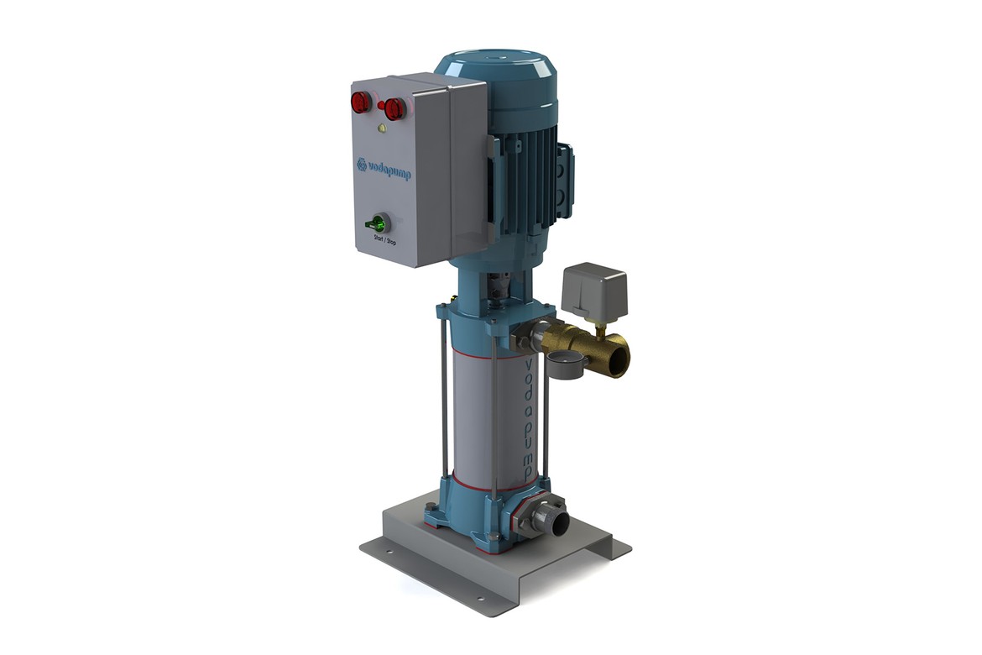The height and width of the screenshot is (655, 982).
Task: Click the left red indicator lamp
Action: pos(361,102)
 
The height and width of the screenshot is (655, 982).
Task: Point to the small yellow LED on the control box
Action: pos(381,129)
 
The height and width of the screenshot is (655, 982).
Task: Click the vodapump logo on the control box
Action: pos(384,169)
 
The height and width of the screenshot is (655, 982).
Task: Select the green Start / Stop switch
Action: pos(378,223)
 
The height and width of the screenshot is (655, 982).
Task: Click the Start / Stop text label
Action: pos(384,238)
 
